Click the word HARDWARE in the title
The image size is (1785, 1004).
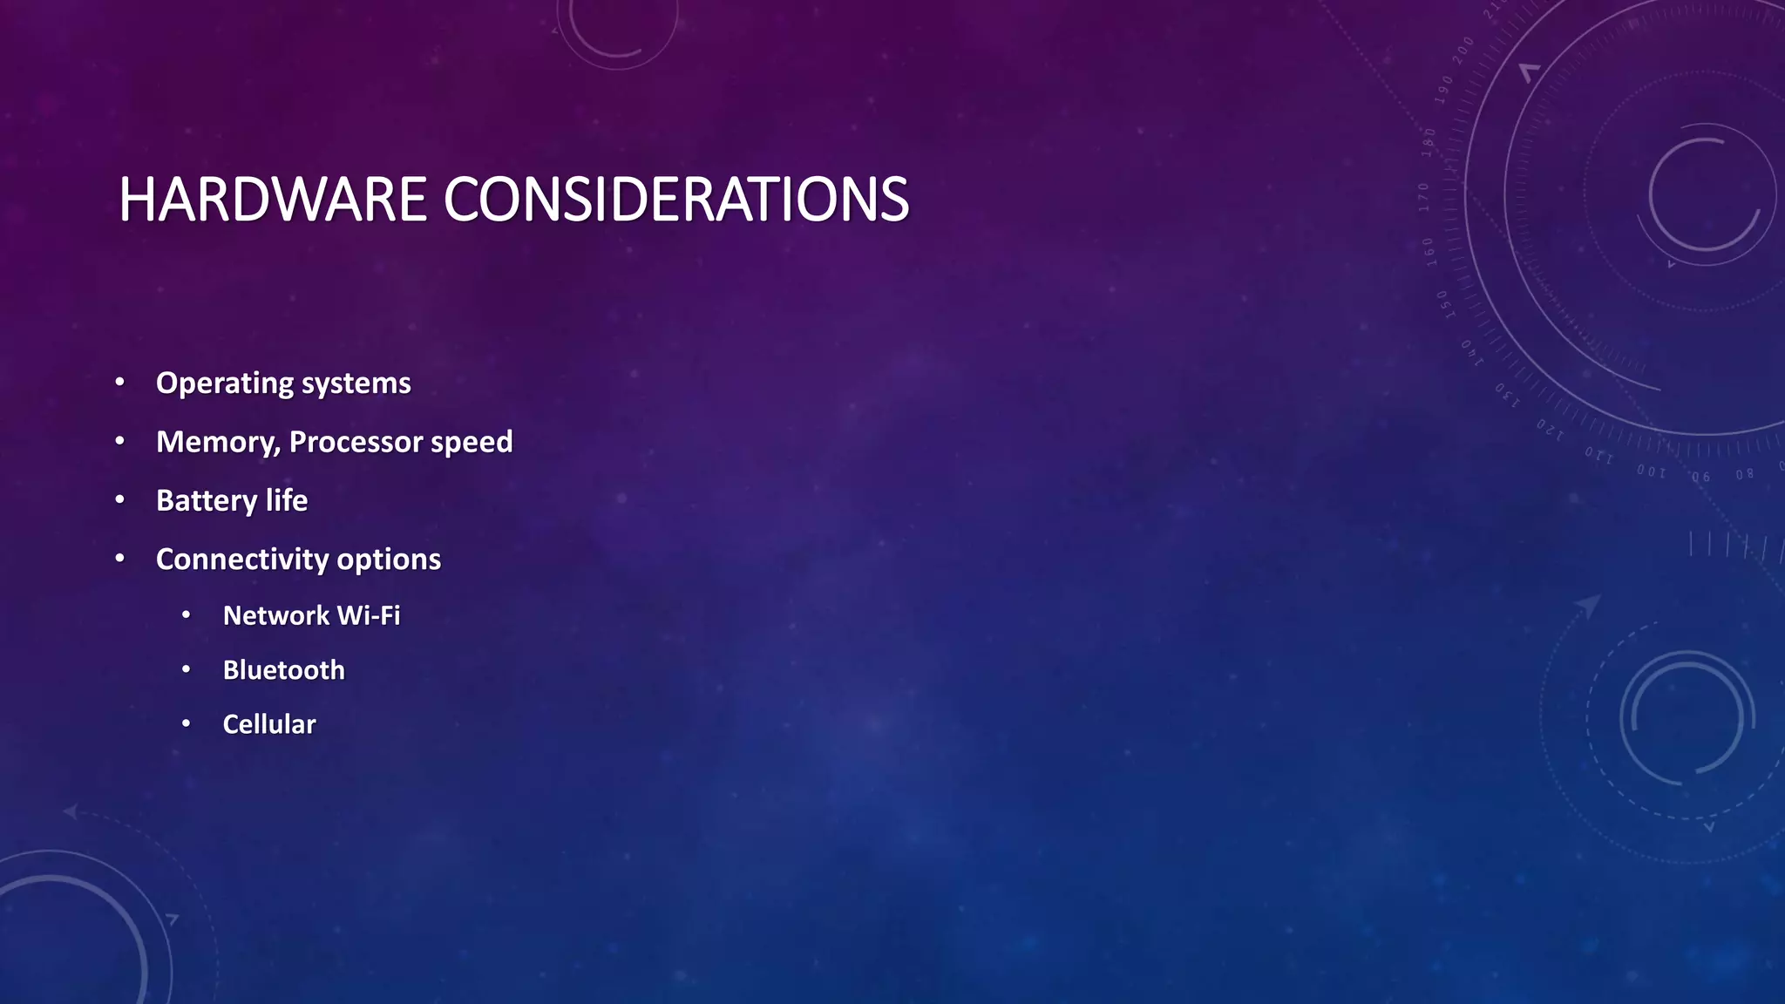(x=272, y=200)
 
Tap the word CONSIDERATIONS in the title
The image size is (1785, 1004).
(x=676, y=200)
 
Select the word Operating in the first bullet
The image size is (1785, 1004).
(x=224, y=383)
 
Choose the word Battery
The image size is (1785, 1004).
(x=207, y=500)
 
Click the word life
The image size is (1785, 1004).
(x=287, y=500)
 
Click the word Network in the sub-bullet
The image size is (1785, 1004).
(x=275, y=615)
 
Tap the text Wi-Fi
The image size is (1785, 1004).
(x=369, y=615)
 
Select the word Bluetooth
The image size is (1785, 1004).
(x=283, y=669)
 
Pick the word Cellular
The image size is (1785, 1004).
(x=269, y=724)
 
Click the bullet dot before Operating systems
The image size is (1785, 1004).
(x=120, y=383)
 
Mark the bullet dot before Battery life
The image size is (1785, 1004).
(x=120, y=499)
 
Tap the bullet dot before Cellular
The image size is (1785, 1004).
(x=186, y=723)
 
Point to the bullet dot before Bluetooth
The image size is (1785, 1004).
(x=186, y=669)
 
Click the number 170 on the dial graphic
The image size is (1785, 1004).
(x=1423, y=197)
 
